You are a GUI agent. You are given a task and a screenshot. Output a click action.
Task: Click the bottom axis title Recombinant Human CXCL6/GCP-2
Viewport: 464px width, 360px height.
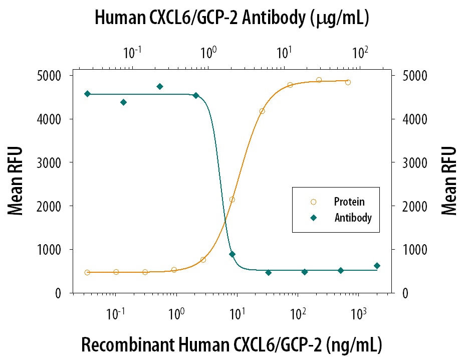pyautogui.click(x=231, y=345)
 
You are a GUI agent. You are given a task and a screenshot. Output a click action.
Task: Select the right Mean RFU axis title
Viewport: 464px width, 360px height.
pyautogui.click(x=449, y=181)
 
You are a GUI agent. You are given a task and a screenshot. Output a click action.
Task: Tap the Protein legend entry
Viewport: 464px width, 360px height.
pyautogui.click(x=349, y=202)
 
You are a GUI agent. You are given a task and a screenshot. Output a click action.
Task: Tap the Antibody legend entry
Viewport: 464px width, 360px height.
pyautogui.click(x=353, y=218)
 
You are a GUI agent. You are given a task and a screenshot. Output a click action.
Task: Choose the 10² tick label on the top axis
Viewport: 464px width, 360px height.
pyautogui.click(x=360, y=52)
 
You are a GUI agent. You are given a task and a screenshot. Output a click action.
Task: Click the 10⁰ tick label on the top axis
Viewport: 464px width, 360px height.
pyautogui.click(x=208, y=52)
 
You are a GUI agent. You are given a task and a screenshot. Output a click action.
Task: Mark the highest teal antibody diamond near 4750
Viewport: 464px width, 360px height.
pyautogui.click(x=160, y=86)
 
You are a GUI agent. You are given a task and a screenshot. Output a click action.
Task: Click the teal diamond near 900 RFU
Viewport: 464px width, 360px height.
pyautogui.click(x=232, y=254)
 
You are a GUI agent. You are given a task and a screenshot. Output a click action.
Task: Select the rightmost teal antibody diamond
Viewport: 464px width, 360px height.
pyautogui.click(x=377, y=266)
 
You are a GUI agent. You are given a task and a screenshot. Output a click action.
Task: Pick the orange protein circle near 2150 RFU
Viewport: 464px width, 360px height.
pyautogui.click(x=232, y=200)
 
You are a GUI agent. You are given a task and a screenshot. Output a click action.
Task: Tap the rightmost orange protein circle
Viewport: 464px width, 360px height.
pyautogui.click(x=348, y=82)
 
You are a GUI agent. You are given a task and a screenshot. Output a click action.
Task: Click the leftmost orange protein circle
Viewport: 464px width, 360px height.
pyautogui.click(x=87, y=272)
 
